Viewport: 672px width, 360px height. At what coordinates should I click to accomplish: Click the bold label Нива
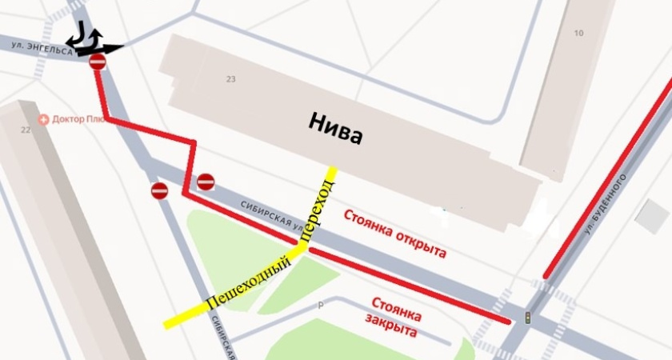[x=335, y=128]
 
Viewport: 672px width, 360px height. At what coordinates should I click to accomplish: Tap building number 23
[x=231, y=79]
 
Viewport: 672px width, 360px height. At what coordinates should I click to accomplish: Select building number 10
[x=579, y=33]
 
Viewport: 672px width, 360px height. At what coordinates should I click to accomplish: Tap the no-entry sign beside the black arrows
[x=98, y=62]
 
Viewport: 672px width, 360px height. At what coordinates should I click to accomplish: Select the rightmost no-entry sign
[x=206, y=182]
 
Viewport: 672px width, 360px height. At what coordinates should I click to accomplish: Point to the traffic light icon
[x=527, y=318]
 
